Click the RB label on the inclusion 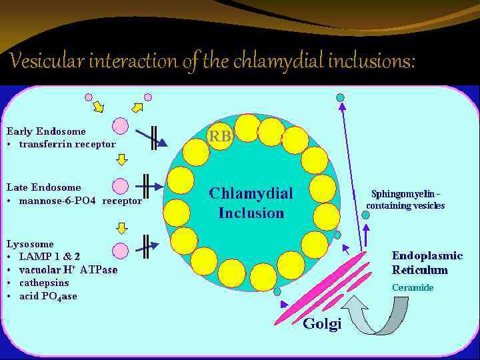pyautogui.click(x=221, y=136)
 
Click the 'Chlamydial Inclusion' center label pyautogui.click(x=251, y=203)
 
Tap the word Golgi pyautogui.click(x=322, y=324)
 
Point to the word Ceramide pyautogui.click(x=413, y=287)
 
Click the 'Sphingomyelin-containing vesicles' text pyautogui.click(x=405, y=200)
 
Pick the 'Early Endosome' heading pyautogui.click(x=46, y=131)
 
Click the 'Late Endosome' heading pyautogui.click(x=43, y=187)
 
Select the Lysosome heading pyautogui.click(x=30, y=244)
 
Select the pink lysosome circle pyautogui.click(x=121, y=250)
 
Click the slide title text pyautogui.click(x=213, y=62)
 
